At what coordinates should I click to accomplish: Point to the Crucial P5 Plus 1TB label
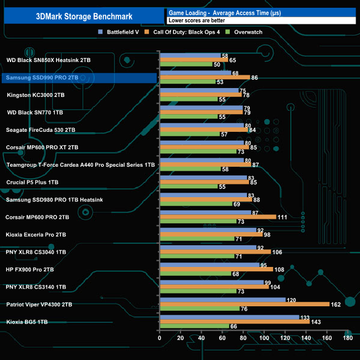click(32, 182)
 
